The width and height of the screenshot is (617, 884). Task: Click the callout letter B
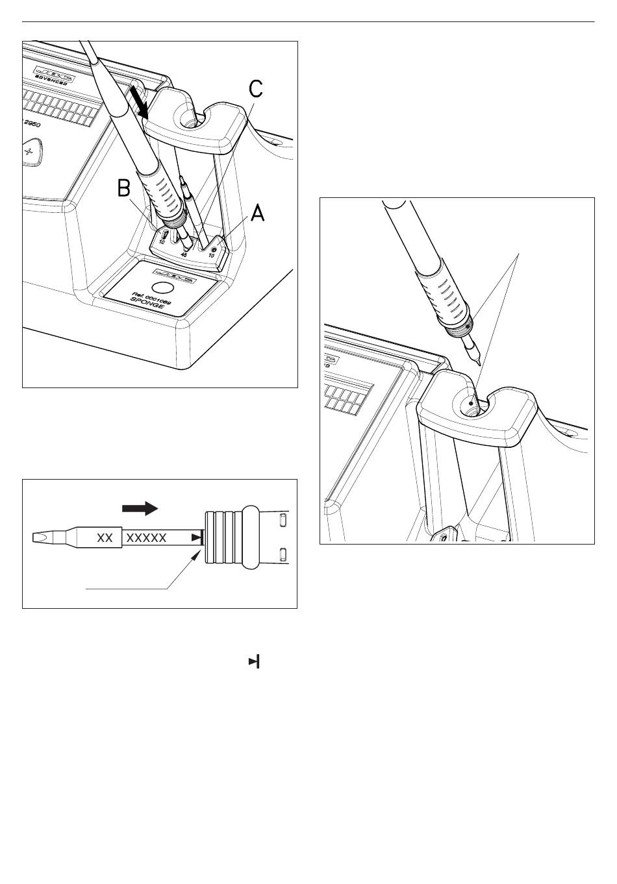[125, 189]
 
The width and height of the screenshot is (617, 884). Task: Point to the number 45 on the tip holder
[184, 255]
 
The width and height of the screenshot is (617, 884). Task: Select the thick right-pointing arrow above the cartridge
[140, 508]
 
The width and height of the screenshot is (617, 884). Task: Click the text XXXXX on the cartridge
[146, 537]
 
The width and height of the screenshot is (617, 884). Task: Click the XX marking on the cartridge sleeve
[105, 537]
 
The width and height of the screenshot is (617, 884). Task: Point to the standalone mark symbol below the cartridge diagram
[254, 662]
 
